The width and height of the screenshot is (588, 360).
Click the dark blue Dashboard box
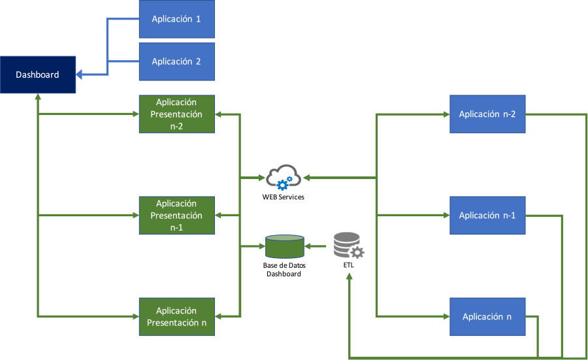(x=38, y=74)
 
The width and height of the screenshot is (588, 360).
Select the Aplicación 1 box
(x=176, y=19)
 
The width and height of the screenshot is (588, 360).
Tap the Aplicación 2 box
(x=176, y=61)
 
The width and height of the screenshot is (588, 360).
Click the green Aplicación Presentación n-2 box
(x=176, y=114)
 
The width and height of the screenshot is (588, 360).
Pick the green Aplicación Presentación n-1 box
(x=176, y=216)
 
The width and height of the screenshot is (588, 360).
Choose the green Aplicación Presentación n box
(x=176, y=317)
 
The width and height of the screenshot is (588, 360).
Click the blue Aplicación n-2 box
(x=487, y=114)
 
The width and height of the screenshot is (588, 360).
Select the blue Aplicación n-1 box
(x=487, y=216)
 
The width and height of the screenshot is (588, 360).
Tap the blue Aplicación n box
(x=487, y=317)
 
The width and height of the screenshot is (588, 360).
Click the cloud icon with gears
(x=283, y=177)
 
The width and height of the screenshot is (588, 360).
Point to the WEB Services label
(x=283, y=197)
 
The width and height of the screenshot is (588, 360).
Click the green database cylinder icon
(x=284, y=246)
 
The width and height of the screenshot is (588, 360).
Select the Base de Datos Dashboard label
(x=284, y=270)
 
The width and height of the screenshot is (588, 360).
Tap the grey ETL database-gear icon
(x=348, y=246)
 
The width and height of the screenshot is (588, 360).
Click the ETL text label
(x=348, y=267)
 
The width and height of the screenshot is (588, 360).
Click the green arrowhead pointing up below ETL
(x=350, y=278)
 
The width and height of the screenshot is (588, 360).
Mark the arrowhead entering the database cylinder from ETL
(x=309, y=246)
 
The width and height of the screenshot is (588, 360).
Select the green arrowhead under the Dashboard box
(x=38, y=95)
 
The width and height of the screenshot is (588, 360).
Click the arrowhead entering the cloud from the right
(x=304, y=177)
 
